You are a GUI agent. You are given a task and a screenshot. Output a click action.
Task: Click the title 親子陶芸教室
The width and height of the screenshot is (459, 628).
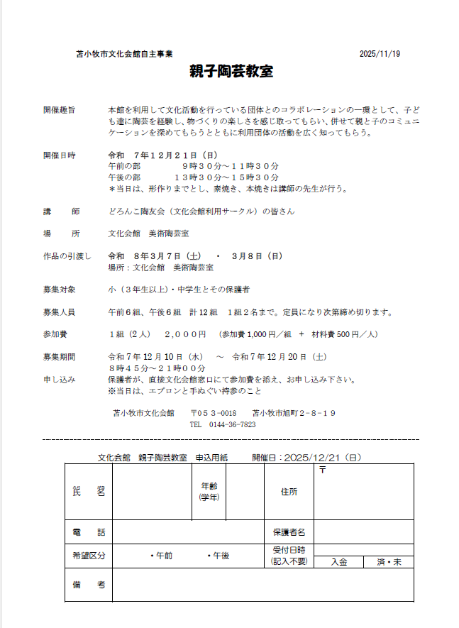(231, 72)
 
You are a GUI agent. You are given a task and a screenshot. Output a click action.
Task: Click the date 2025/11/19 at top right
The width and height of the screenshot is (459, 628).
(380, 54)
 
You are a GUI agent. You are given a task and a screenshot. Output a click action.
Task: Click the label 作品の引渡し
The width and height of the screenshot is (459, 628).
(67, 256)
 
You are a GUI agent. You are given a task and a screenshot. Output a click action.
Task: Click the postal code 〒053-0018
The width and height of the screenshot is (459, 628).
(213, 413)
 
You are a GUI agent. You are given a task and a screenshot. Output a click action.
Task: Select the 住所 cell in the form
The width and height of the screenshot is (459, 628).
(289, 491)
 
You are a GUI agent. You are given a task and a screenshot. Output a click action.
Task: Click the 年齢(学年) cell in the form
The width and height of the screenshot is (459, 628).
(209, 491)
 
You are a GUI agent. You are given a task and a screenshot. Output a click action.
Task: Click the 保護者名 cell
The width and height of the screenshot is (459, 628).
(289, 531)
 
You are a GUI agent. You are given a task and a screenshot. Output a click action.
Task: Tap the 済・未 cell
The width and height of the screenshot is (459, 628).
(389, 562)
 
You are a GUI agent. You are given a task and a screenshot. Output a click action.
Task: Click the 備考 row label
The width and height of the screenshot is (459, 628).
(89, 585)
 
